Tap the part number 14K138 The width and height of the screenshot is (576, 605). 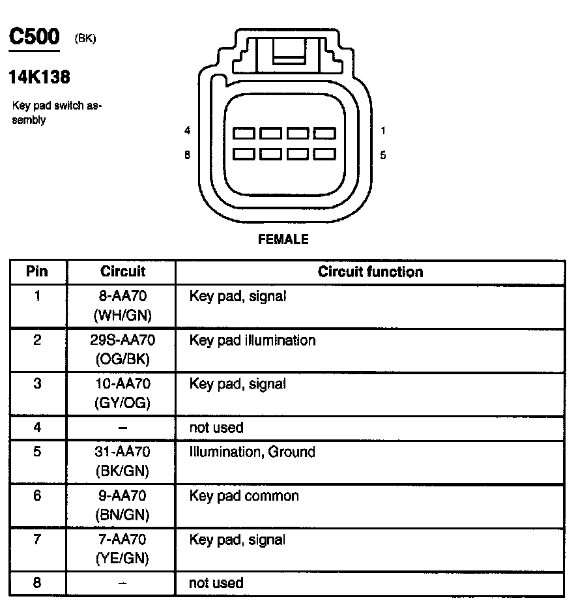[39, 78]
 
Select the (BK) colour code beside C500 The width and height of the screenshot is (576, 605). [85, 38]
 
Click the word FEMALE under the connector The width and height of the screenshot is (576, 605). [283, 239]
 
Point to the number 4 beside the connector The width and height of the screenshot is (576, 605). [187, 130]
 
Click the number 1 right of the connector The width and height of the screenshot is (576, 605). [383, 130]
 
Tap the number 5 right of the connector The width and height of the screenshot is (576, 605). [383, 155]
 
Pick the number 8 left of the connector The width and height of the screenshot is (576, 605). [187, 155]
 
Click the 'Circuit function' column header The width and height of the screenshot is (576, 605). [370, 272]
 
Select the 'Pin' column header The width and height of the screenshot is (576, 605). [37, 272]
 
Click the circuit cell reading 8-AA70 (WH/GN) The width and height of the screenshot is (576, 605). [122, 306]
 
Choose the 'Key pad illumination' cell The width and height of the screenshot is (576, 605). [252, 340]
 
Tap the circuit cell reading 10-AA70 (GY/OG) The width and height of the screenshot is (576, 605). [122, 393]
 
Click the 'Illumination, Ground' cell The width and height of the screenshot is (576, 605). [252, 452]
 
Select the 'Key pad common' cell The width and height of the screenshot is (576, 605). [244, 495]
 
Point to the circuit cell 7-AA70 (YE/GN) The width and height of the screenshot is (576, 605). [122, 549]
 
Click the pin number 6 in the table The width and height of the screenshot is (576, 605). [37, 496]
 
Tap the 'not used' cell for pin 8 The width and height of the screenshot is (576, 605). [216, 583]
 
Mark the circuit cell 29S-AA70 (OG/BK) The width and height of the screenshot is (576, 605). [122, 349]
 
